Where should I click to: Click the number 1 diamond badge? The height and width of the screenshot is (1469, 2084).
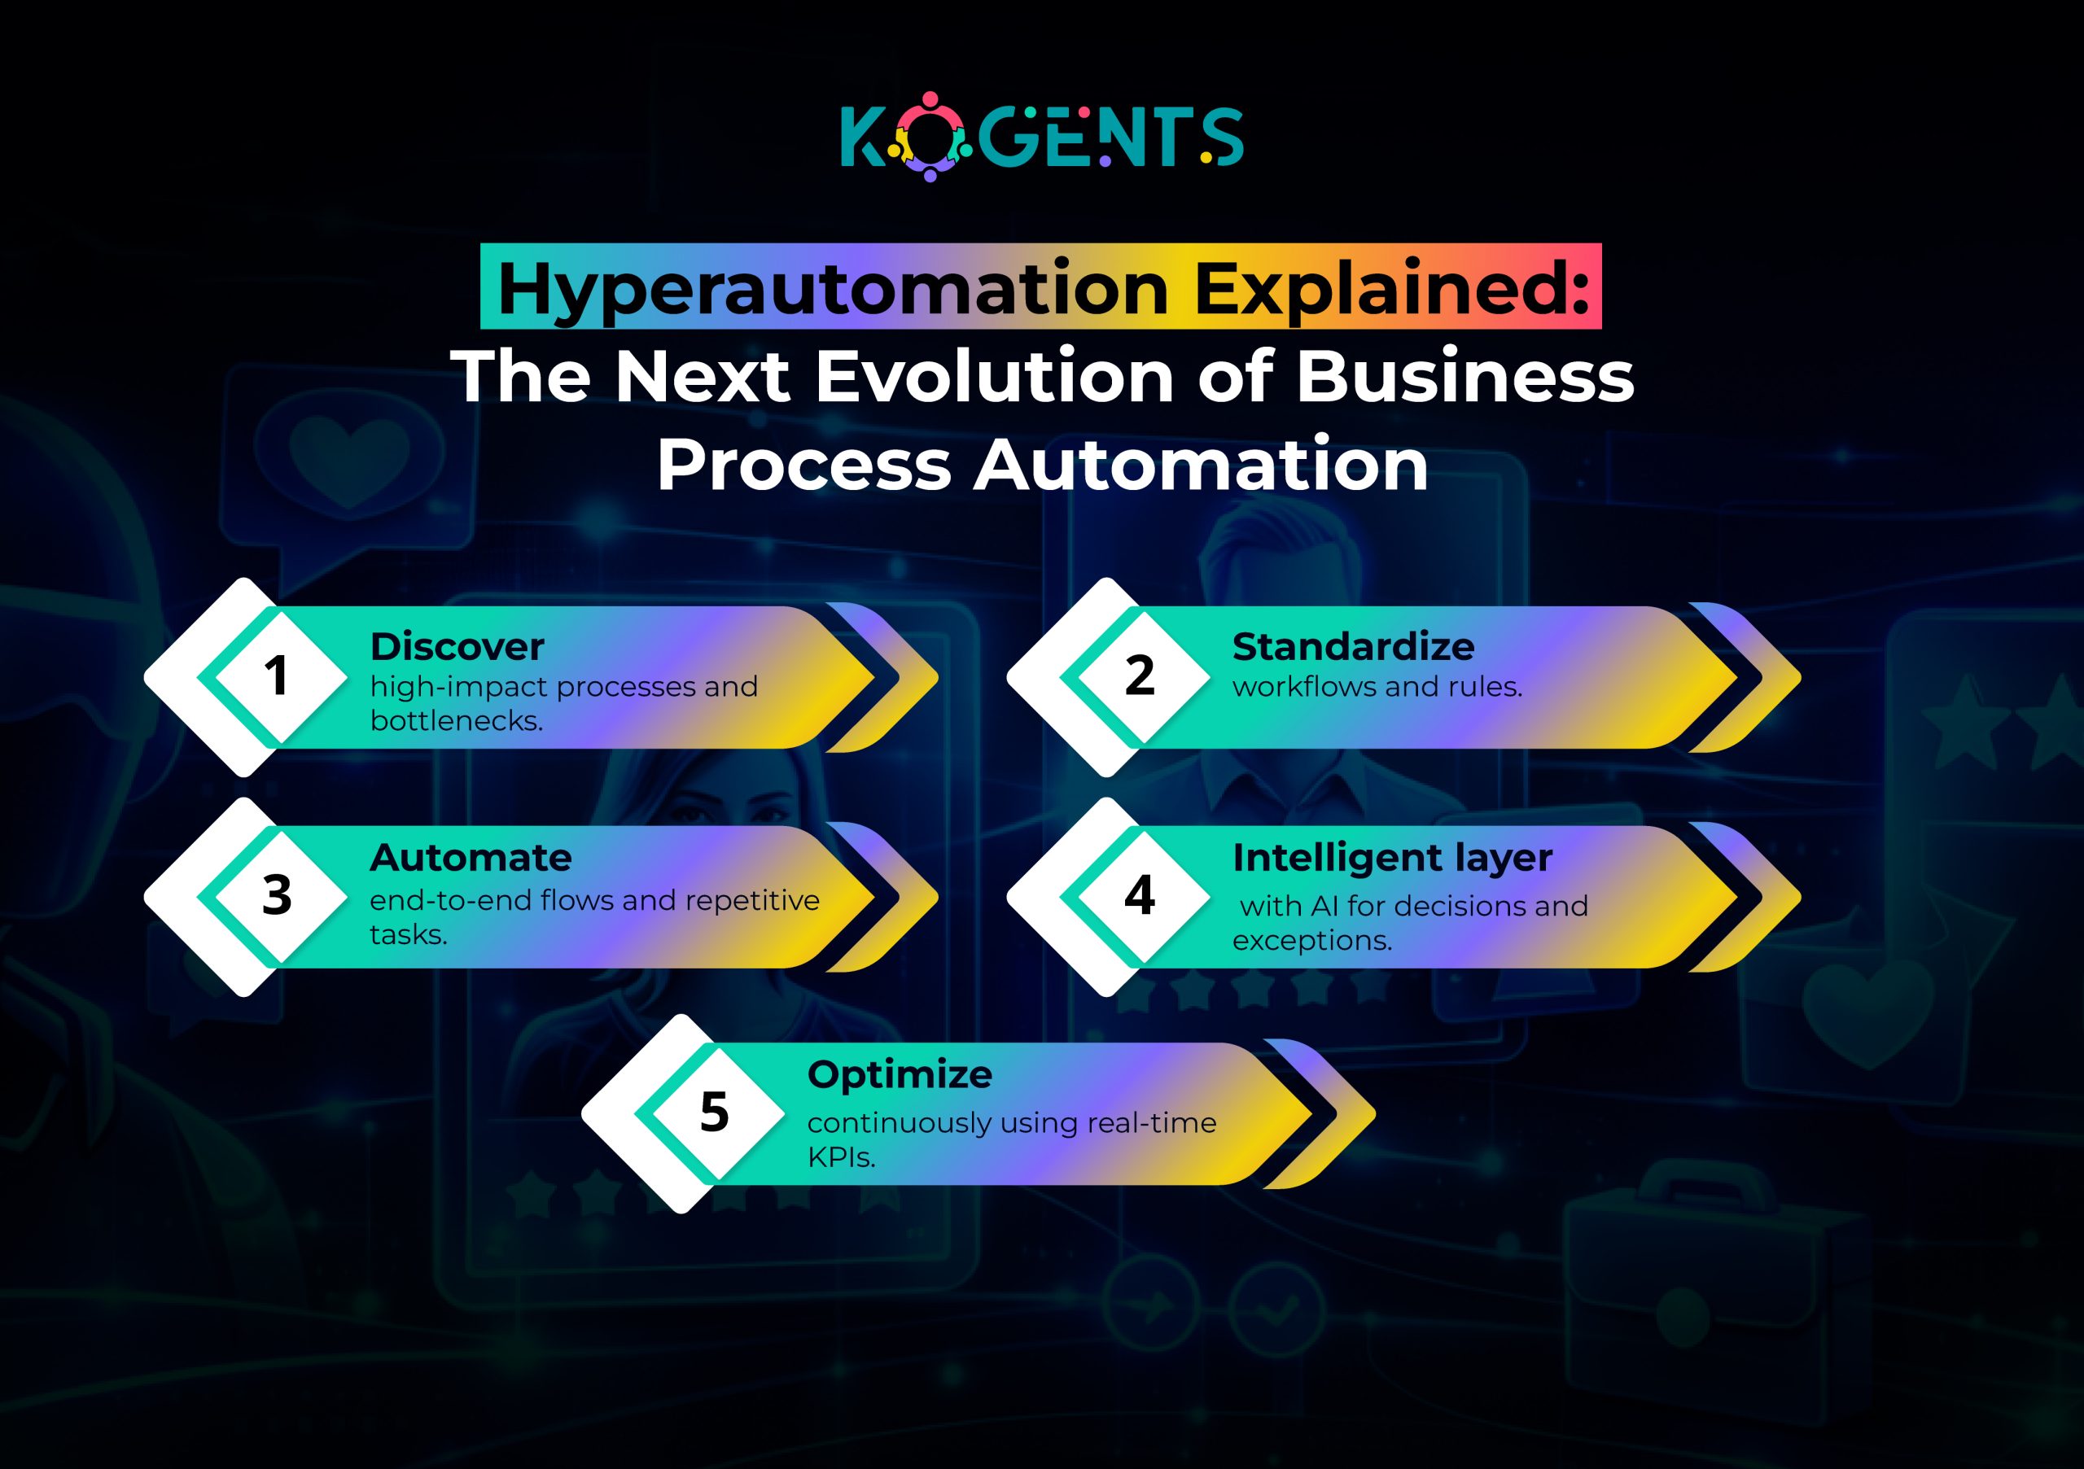pos(276,677)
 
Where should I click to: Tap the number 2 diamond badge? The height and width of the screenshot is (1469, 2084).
pos(1139,677)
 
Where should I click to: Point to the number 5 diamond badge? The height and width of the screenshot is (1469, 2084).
pos(714,1113)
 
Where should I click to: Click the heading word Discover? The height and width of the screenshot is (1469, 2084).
pos(457,647)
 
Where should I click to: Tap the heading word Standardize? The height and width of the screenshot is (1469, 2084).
pos(1352,647)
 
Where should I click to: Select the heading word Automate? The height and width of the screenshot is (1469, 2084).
pos(471,858)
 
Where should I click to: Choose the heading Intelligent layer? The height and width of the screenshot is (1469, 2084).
pos(1392,858)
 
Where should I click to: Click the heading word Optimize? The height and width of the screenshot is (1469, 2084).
pos(900,1074)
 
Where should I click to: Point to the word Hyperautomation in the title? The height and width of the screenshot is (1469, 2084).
pos(832,289)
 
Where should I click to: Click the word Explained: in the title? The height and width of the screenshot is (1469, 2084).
pos(1391,289)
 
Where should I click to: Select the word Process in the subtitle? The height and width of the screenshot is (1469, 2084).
pos(803,465)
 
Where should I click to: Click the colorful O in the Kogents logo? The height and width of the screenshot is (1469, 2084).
pos(930,137)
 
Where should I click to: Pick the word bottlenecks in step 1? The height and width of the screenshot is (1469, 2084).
pos(456,720)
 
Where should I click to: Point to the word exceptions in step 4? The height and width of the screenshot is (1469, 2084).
pos(1311,941)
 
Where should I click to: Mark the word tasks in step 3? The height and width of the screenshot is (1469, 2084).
pos(409,934)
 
